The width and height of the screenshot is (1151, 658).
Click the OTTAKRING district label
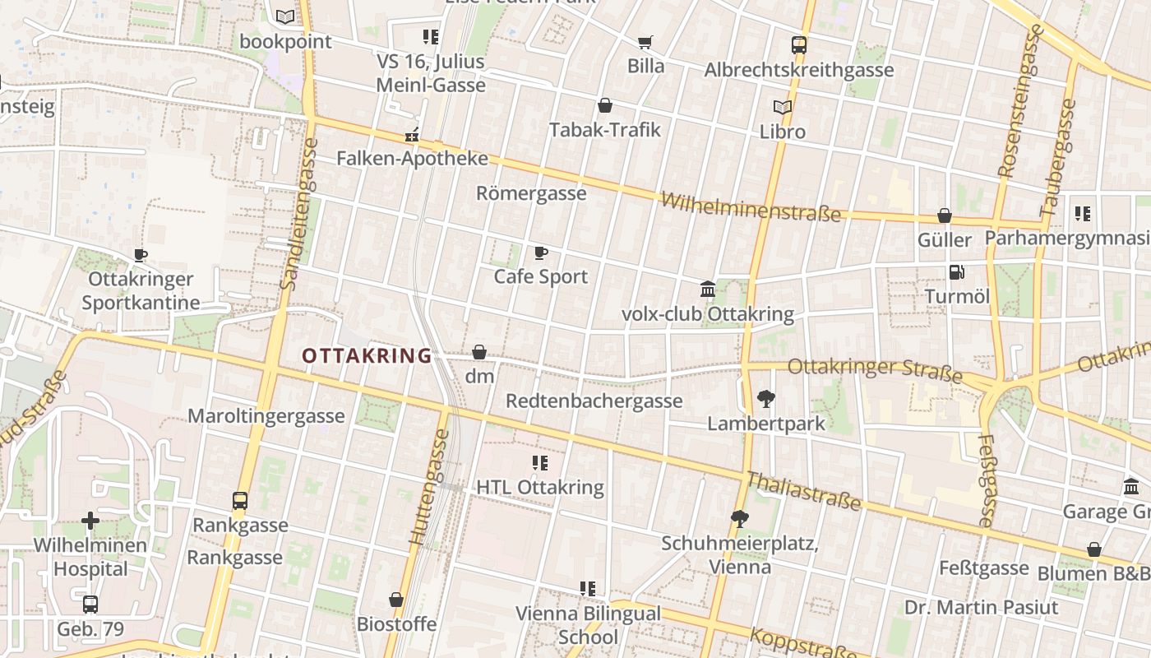367,355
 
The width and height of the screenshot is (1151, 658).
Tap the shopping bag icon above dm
479,353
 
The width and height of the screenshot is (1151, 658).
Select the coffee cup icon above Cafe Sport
540,253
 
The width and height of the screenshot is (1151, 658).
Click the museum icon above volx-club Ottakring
708,289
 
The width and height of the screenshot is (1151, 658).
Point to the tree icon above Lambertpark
766,400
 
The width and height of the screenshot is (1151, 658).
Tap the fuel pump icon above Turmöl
957,271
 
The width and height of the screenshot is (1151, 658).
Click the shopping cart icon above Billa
645,42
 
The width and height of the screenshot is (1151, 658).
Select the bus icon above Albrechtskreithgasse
798,45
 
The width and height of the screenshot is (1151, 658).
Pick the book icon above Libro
782,107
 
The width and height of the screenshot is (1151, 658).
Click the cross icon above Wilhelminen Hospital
90,521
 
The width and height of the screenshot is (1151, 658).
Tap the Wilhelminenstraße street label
751,207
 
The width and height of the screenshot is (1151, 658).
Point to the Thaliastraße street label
802,491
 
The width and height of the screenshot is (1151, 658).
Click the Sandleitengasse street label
298,214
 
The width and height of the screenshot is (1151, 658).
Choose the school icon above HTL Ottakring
539,463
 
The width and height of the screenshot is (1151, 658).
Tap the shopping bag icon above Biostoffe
396,600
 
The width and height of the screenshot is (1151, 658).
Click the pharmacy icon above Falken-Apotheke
412,135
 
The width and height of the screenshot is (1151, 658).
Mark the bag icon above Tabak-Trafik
605,105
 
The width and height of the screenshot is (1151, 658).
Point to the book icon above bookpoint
285,16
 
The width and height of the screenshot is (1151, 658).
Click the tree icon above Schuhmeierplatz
739,518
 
